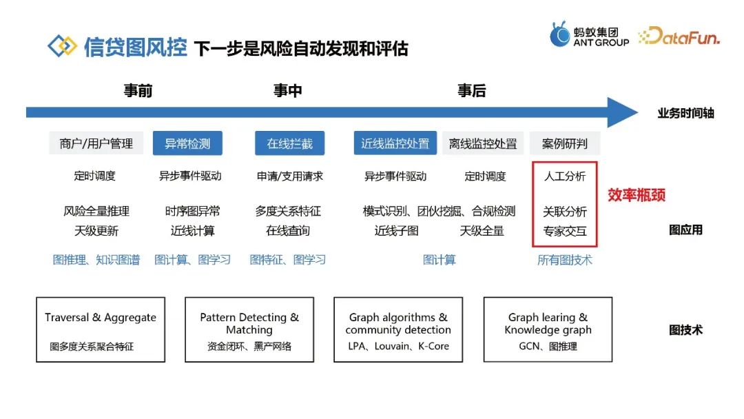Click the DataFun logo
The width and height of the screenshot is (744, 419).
[679, 37]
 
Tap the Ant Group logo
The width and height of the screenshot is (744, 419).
[589, 34]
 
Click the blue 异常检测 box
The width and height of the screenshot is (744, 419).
[187, 143]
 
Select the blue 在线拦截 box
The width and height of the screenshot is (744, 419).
[289, 143]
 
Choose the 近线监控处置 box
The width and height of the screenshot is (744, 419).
[395, 143]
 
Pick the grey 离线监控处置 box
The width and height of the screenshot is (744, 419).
[483, 143]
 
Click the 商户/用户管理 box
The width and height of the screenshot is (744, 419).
[96, 143]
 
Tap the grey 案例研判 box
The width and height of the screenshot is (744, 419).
[565, 143]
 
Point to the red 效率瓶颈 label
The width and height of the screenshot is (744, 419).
[637, 195]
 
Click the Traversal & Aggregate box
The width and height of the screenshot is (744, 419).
[101, 330]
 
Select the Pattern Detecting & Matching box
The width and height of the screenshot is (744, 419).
[249, 330]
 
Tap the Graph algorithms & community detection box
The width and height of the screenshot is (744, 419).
[398, 330]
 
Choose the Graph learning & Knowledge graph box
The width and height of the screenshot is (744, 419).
[548, 330]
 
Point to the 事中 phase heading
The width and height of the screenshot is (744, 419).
[287, 91]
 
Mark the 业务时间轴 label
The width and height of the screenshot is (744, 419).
[685, 113]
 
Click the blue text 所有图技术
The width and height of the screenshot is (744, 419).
[564, 260]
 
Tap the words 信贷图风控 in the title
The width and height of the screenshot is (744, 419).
[135, 47]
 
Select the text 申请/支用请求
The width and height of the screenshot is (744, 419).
[289, 176]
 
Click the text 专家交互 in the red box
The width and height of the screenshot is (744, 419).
[565, 231]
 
